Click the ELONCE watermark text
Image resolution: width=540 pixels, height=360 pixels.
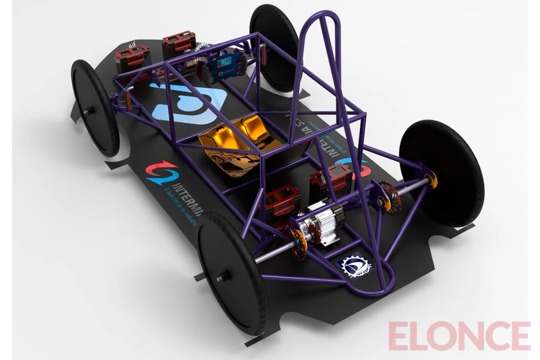(459, 335)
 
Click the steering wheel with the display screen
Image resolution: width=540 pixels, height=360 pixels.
(225, 67)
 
